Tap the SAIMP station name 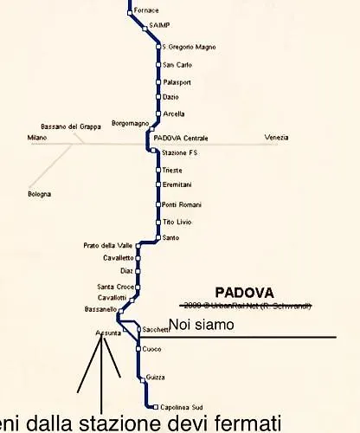[158, 27]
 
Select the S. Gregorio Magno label [188, 47]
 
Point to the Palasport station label [177, 82]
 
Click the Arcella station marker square [158, 113]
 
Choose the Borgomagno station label [130, 124]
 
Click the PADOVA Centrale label [181, 139]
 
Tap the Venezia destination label [277, 139]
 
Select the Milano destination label [36, 139]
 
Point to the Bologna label [39, 193]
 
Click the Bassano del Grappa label [71, 126]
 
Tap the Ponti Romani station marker [158, 204]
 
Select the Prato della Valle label [108, 245]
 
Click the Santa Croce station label [115, 287]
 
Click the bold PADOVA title [244, 293]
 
